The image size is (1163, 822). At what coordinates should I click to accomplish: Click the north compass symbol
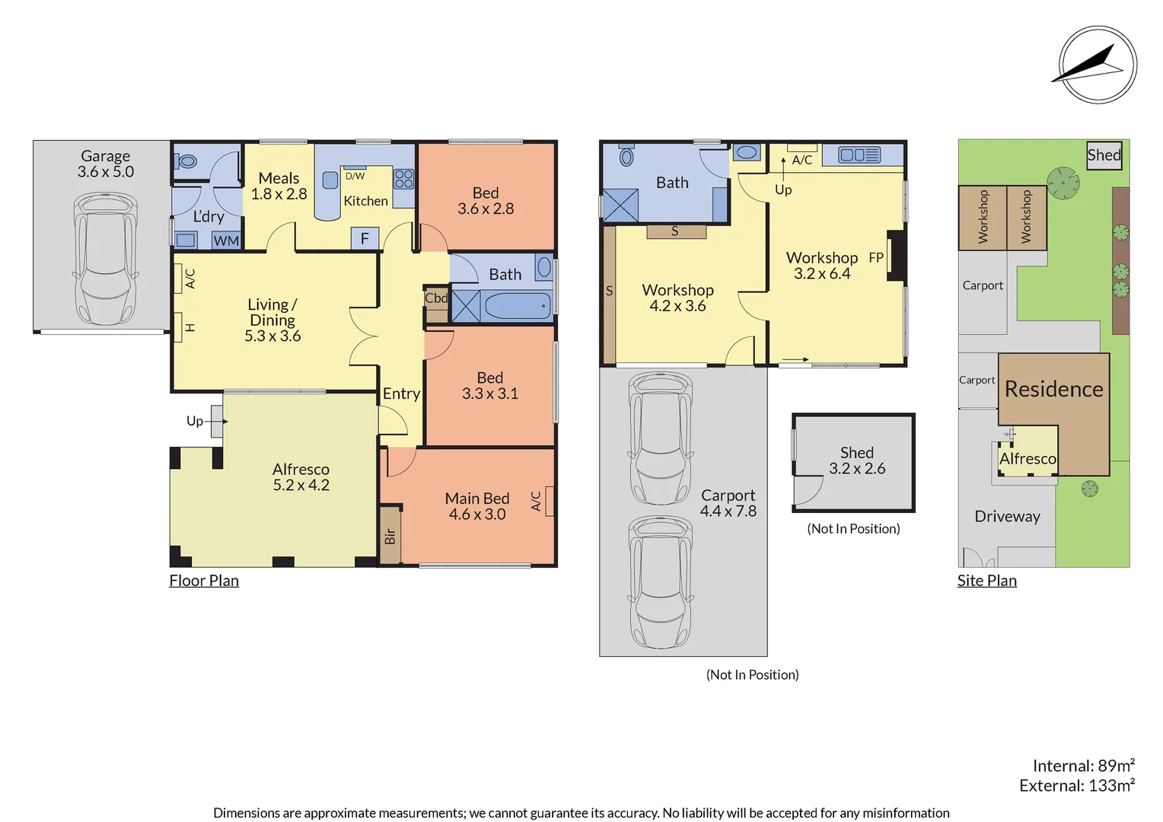point(1097,65)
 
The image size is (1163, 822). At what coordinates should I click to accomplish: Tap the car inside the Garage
point(105,258)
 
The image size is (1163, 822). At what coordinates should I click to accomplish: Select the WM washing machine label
point(226,241)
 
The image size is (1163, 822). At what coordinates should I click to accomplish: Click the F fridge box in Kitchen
point(365,238)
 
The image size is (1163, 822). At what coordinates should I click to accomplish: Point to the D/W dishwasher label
point(355,176)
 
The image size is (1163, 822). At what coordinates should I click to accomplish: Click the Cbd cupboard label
point(436,298)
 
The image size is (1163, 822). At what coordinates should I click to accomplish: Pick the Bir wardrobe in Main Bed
point(390,536)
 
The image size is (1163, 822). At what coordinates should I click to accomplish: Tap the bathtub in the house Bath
point(517,306)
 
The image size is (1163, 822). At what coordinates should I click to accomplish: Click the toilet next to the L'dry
point(187,161)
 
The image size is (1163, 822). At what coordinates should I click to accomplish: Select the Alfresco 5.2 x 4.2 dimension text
point(301,486)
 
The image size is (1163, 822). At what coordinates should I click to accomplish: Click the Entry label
point(401,393)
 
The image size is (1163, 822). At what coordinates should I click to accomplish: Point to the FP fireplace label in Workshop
point(876,257)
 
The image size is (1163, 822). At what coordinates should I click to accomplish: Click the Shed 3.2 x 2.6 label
point(856,460)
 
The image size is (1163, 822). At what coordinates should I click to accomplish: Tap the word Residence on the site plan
point(1053,389)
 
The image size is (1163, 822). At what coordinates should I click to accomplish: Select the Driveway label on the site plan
point(1007,516)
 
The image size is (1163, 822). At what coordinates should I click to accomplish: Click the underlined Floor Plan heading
point(204,581)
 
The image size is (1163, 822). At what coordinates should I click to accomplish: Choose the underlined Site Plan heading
point(986,581)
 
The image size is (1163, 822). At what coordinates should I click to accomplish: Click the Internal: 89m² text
point(1083,766)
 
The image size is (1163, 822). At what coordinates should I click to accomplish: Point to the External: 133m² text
point(1076,785)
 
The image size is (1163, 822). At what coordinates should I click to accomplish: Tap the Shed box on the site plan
point(1104,155)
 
